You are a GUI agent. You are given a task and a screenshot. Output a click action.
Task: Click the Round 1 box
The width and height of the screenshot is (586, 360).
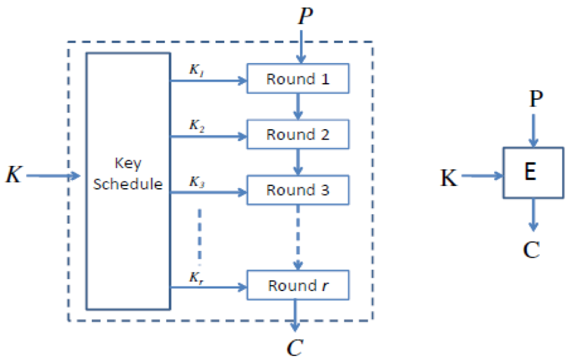298,79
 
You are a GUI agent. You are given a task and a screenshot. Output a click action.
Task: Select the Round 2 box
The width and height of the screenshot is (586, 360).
298,134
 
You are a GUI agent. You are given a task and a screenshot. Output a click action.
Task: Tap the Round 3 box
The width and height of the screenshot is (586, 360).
298,190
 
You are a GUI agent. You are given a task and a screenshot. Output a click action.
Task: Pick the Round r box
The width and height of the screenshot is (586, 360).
298,286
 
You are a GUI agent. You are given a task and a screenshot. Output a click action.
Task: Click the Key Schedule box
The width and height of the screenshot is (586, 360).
127,181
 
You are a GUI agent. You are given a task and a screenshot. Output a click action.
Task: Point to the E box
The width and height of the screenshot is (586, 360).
533,173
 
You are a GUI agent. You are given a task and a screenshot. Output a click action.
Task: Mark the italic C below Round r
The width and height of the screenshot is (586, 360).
295,348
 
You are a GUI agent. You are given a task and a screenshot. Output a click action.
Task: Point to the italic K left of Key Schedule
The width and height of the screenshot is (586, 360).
13,175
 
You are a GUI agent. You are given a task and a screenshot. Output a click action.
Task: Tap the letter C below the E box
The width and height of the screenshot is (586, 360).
532,250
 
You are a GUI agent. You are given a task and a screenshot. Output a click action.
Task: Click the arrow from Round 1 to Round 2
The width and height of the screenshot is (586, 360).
298,106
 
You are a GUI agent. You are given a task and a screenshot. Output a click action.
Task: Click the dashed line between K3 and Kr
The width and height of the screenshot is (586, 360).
199,234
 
